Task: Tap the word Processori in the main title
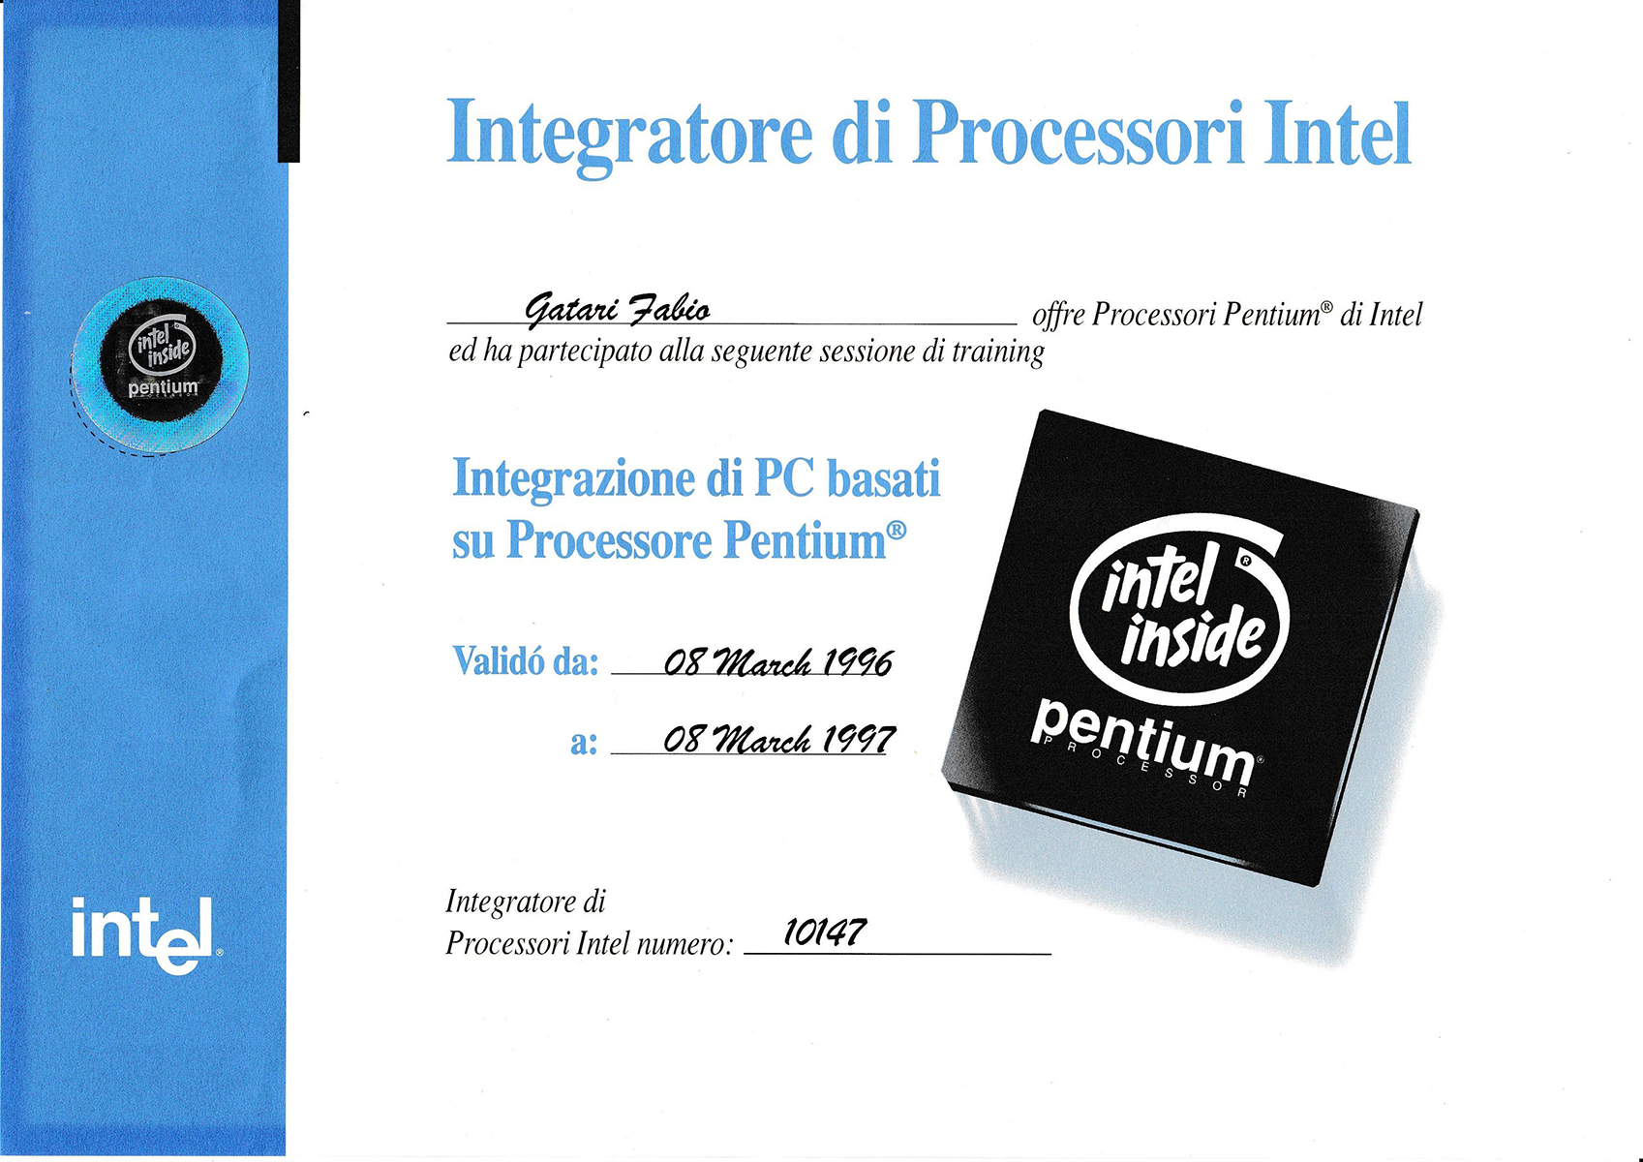click(x=1079, y=132)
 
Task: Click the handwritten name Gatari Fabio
click(x=618, y=308)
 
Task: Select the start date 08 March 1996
click(x=777, y=663)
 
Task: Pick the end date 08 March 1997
click(x=779, y=739)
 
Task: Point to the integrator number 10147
click(x=825, y=932)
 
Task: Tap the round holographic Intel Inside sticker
click(x=161, y=365)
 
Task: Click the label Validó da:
click(x=525, y=660)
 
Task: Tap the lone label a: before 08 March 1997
click(x=584, y=743)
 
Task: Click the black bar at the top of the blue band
click(x=289, y=80)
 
